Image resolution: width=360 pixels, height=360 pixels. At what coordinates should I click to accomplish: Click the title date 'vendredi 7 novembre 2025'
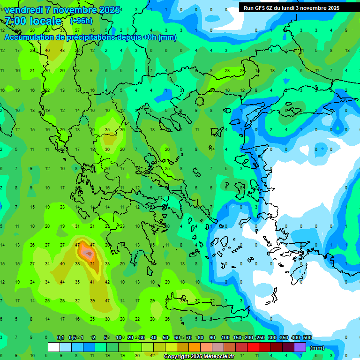62,10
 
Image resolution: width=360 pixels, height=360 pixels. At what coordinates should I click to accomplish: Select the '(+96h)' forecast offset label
81,21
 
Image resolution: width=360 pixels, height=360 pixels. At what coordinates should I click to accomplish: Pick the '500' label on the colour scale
307,338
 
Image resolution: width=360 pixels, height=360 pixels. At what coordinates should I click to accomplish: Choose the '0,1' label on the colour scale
60,338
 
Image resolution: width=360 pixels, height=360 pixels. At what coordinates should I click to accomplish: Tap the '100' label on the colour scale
225,338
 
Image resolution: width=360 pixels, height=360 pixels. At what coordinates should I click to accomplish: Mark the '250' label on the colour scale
261,338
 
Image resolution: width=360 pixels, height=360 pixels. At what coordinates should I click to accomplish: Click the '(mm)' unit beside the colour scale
317,348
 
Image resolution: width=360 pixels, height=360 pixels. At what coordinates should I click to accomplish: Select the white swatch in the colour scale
54,347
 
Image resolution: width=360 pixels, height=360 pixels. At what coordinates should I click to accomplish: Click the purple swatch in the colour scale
300,347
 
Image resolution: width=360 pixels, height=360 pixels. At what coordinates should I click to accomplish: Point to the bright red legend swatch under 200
253,347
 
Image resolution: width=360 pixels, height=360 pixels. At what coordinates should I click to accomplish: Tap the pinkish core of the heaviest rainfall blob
87,253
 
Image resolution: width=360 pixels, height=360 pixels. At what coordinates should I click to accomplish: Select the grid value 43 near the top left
63,51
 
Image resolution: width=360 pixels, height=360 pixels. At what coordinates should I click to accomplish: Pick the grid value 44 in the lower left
62,282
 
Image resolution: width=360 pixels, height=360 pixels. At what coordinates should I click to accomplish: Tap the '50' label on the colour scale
165,338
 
